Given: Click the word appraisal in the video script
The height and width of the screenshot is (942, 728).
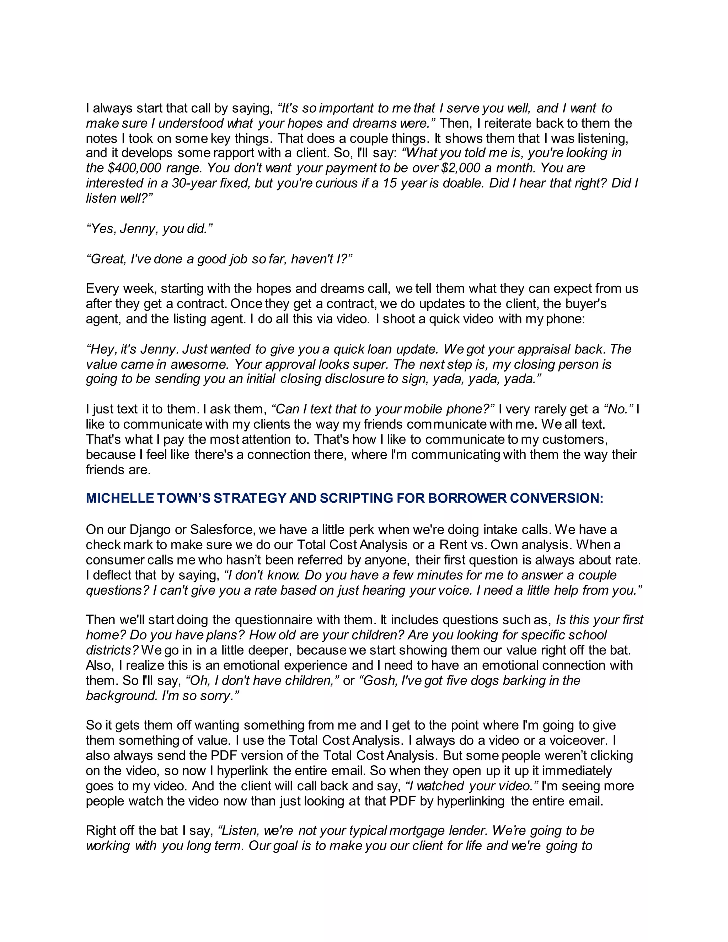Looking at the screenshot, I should tap(546, 349).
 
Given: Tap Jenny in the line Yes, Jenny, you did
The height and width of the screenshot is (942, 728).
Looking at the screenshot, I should tap(138, 229).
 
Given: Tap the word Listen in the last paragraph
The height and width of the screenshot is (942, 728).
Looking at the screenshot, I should tap(239, 830).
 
